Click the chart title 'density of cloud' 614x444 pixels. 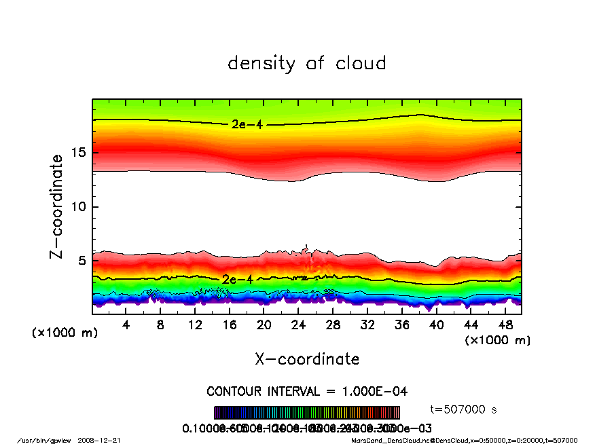pos(307,64)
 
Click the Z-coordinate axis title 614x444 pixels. pos(57,206)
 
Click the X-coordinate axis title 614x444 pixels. pos(307,359)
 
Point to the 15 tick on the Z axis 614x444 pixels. pos(78,152)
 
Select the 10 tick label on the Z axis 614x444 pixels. pos(78,206)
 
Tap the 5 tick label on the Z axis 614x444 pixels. pos(82,261)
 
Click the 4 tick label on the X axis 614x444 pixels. pos(126,325)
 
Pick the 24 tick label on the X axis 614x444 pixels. pos(298,325)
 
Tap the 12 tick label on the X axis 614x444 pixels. pos(195,325)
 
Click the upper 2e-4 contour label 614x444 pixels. pos(242,124)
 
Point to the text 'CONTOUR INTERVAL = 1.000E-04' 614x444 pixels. pos(307,392)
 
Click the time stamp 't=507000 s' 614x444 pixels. pos(465,409)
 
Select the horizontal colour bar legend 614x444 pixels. pos(307,413)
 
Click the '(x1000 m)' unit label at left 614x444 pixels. pos(62,333)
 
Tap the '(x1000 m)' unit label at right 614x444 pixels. pos(498,340)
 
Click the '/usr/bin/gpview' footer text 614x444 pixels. pos(43,440)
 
